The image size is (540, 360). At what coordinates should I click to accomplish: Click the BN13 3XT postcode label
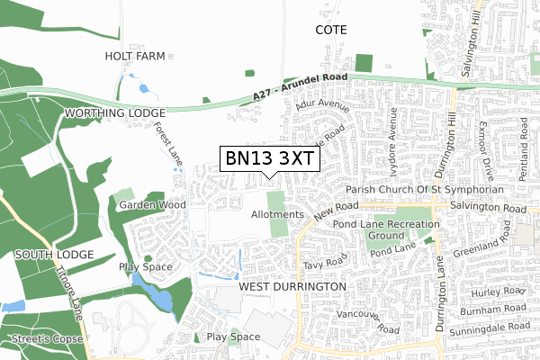pyautogui.click(x=269, y=158)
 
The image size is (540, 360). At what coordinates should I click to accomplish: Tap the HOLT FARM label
pyautogui.click(x=136, y=56)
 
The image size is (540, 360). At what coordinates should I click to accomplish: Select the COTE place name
pyautogui.click(x=330, y=30)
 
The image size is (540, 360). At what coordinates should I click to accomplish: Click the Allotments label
pyautogui.click(x=278, y=215)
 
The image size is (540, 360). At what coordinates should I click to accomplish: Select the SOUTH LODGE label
pyautogui.click(x=55, y=255)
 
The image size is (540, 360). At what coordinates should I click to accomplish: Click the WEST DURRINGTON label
pyautogui.click(x=293, y=286)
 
